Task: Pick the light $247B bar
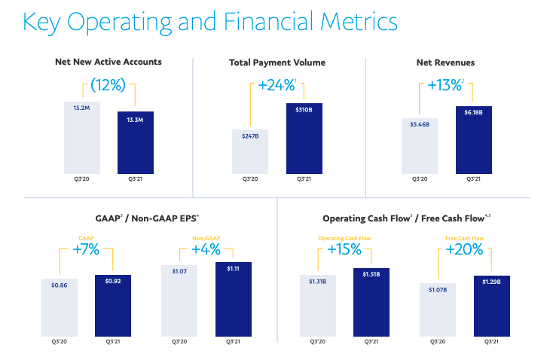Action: [250, 151]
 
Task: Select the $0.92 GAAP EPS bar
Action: [112, 305]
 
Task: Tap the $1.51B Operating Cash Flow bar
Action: [371, 301]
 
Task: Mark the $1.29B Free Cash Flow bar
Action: [490, 305]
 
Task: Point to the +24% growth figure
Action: [277, 85]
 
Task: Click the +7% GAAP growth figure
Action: [86, 249]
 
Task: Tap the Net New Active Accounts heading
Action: [108, 62]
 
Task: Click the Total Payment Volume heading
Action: [277, 62]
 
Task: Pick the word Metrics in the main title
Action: [347, 22]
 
